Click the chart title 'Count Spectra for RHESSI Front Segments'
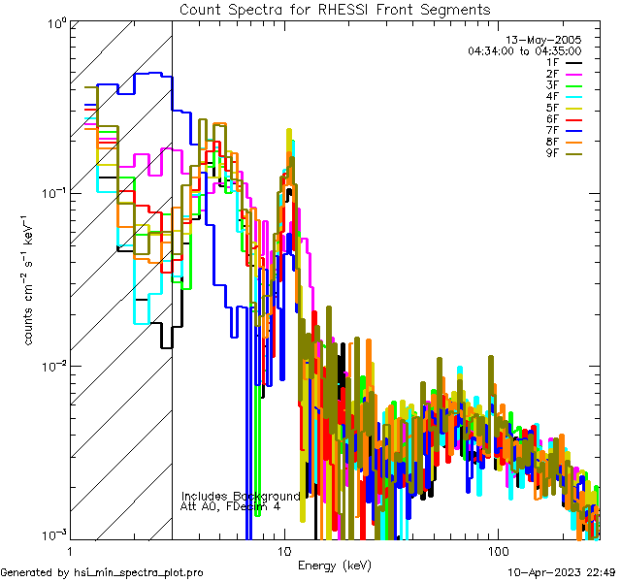click(x=335, y=9)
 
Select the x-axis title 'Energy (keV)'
click(x=334, y=566)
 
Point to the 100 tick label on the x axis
click(x=497, y=550)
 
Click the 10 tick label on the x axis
click(x=283, y=550)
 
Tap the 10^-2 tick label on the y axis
click(x=51, y=366)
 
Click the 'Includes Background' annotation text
click(x=241, y=496)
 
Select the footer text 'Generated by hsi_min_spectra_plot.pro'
click(x=102, y=573)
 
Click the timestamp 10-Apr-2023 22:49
click(x=561, y=573)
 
